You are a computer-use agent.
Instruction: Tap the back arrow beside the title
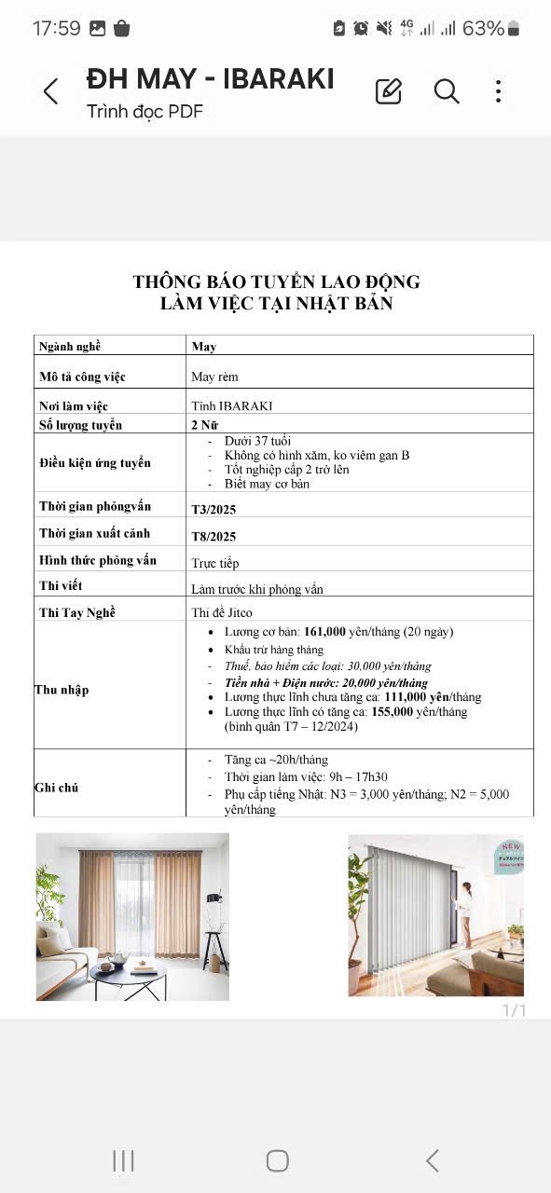[51, 91]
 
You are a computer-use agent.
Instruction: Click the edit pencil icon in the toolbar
[388, 91]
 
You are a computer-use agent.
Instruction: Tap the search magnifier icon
[447, 91]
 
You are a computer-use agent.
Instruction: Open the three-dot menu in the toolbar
[499, 91]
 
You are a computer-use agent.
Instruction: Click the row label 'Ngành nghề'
[69, 347]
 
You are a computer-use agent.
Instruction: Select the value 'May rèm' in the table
[214, 377]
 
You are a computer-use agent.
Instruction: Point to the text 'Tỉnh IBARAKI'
[232, 406]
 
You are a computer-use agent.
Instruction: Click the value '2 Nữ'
[207, 425]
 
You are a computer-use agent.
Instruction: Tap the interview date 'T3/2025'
[214, 509]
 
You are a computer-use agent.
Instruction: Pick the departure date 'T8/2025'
[214, 536]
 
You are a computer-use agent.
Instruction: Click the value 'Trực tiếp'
[215, 563]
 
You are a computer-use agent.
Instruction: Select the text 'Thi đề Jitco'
[222, 612]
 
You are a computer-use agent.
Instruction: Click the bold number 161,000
[327, 632]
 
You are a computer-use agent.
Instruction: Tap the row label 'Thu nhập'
[62, 690]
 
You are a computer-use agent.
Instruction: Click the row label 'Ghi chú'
[56, 788]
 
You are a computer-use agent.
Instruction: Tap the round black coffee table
[129, 973]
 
